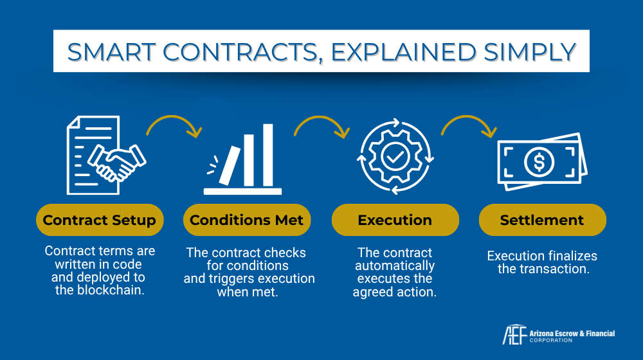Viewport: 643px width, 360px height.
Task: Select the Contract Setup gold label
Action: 100,221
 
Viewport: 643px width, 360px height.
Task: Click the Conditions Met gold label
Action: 247,221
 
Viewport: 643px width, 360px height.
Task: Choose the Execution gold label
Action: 395,221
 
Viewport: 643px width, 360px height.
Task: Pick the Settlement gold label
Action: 542,221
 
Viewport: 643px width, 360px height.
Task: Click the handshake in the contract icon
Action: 118,162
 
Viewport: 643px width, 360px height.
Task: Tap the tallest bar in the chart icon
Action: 268,154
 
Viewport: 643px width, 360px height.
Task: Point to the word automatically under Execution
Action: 395,265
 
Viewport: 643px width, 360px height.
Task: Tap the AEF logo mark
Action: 513,336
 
